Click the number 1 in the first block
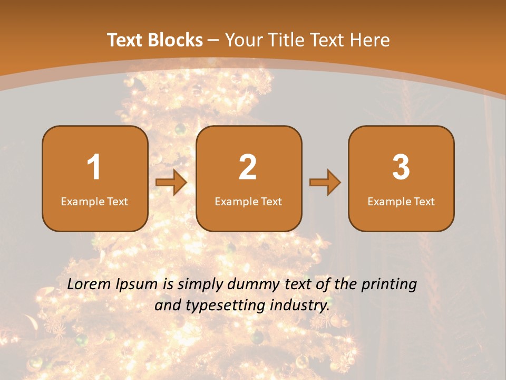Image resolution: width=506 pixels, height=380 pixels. (94, 167)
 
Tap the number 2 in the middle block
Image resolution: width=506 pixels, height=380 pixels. (248, 167)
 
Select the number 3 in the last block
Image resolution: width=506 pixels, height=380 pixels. (401, 167)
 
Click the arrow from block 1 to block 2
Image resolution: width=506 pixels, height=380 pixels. (171, 183)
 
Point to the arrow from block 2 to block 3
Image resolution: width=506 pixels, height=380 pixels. (325, 183)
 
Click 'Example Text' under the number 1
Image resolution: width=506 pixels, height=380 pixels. (94, 201)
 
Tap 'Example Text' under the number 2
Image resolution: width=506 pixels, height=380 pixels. (248, 201)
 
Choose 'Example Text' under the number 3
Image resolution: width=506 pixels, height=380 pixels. (401, 201)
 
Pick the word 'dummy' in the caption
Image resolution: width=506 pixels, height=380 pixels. (251, 285)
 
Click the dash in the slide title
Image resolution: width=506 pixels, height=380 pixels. (214, 40)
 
